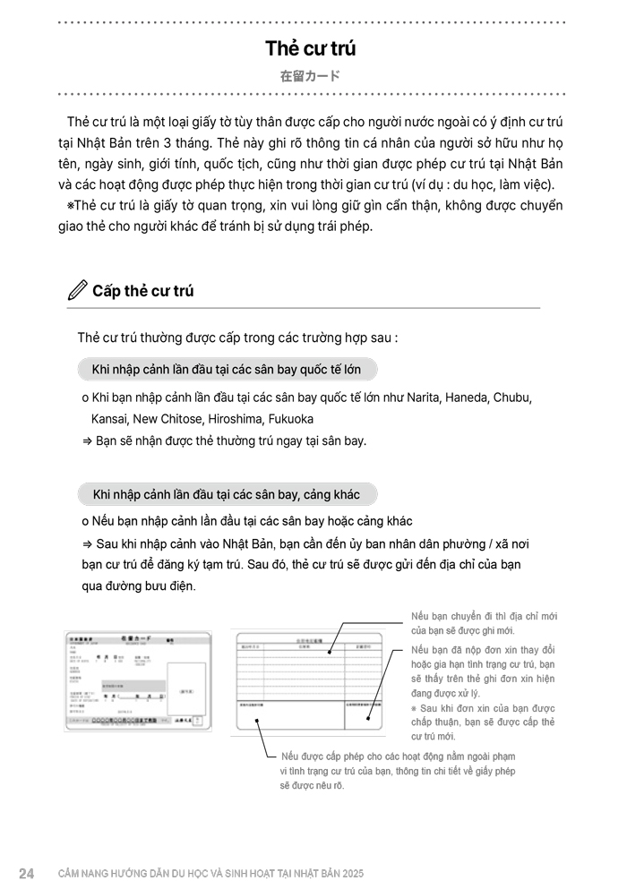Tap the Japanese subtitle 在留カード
coord(310,76)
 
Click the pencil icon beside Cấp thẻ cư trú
coord(78,290)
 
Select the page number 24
coord(26,873)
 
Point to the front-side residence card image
coord(138,683)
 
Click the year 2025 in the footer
coord(351,873)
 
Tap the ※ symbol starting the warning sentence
coord(72,206)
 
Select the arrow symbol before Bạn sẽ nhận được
coord(87,440)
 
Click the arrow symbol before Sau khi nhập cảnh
coord(87,543)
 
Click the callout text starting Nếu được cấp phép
coord(398,770)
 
